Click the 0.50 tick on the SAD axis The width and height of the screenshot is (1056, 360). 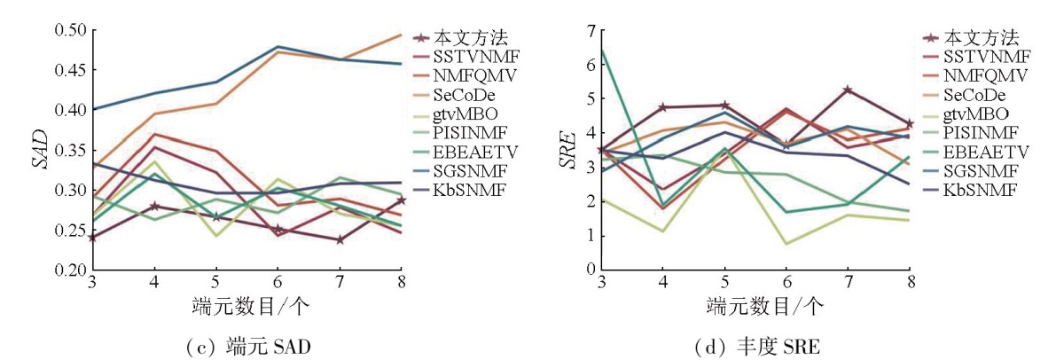point(70,30)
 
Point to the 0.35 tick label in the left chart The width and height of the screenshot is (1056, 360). point(70,151)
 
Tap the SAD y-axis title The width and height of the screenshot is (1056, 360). point(37,151)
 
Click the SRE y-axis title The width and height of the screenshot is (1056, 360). point(569,151)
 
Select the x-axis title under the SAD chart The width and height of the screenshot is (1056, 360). point(245,308)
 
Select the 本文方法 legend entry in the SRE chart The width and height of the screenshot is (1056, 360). point(980,37)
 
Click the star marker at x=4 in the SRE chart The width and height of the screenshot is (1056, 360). point(662,107)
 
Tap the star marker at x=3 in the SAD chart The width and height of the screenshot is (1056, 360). point(93,238)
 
